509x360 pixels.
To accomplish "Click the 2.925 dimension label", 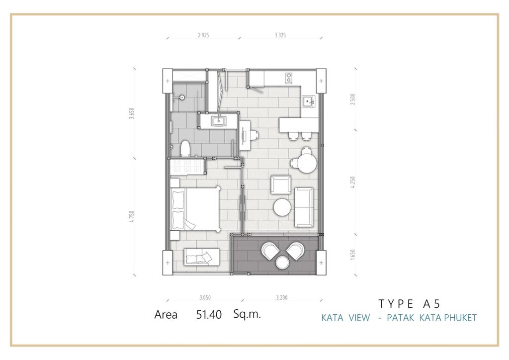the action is pos(203,35).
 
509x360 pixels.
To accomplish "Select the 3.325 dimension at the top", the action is pos(280,35).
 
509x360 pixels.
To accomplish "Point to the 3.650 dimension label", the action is pos(131,113).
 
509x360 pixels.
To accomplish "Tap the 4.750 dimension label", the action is pos(131,216).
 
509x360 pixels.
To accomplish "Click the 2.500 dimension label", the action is pos(353,99).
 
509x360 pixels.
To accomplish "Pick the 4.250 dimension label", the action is pos(353,182).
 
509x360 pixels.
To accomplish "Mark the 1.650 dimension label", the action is pos(353,255).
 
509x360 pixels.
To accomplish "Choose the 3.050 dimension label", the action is pos(205,297).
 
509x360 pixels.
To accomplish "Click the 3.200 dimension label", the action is pos(281,297).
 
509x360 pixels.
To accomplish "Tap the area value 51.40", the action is pos(209,315).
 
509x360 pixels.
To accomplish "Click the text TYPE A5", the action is pos(410,304).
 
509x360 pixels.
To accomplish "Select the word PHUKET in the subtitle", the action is pos(460,317).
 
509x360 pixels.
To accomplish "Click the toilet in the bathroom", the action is pos(185,149).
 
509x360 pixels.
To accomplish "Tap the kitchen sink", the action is pos(308,101).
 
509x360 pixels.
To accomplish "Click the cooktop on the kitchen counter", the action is pos(289,78).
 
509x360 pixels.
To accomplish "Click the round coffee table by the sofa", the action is pos(282,207).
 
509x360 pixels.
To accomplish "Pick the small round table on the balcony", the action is pos(282,262).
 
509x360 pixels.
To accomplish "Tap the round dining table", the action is pos(307,164).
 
